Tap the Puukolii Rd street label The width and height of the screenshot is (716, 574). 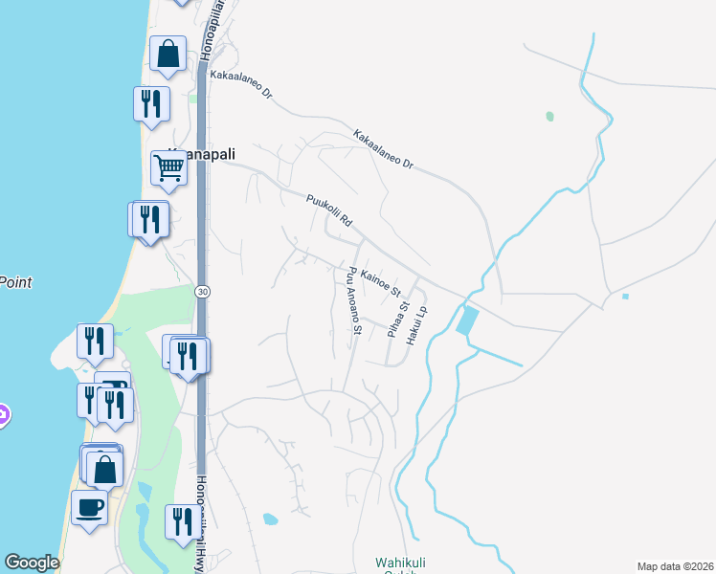click(330, 210)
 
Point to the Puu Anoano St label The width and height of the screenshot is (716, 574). click(350, 299)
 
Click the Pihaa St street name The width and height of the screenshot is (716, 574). click(398, 320)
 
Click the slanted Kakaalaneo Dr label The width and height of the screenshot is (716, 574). click(383, 149)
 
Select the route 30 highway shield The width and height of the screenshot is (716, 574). click(201, 291)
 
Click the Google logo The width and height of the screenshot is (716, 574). click(32, 563)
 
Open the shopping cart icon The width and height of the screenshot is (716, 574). click(168, 167)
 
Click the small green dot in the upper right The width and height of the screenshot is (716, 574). click(549, 117)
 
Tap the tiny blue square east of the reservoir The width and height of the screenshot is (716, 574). click(625, 296)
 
